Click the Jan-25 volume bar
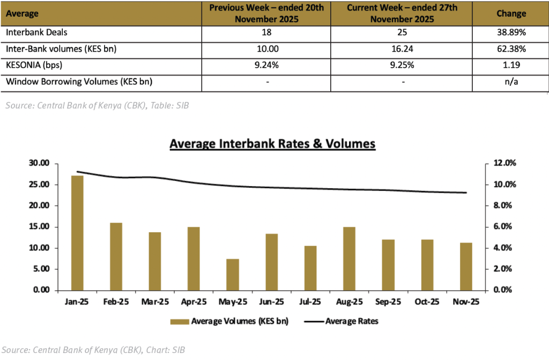77,233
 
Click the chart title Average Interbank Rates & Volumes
272,144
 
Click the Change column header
511,13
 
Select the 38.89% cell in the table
511,32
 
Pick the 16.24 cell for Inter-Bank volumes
403,49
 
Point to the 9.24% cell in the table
266,65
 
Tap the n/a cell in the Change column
511,82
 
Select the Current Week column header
403,13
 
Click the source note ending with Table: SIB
97,106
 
